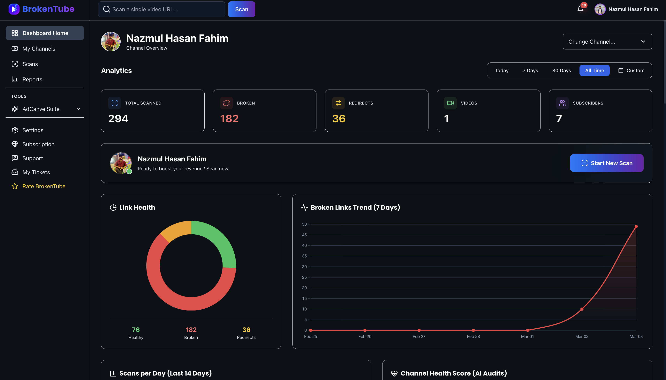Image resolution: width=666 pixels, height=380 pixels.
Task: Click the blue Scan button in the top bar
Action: (x=241, y=9)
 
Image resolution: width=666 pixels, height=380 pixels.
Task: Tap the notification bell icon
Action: (x=580, y=9)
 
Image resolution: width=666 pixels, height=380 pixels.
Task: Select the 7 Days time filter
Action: (x=530, y=70)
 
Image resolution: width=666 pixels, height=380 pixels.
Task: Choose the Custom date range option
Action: (x=631, y=70)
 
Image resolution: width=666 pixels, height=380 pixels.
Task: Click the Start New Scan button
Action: (x=606, y=163)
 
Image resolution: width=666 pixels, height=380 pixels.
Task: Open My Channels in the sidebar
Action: (x=39, y=48)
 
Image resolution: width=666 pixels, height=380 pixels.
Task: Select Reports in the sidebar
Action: (x=32, y=79)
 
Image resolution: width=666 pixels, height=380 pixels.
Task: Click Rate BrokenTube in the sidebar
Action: (x=44, y=186)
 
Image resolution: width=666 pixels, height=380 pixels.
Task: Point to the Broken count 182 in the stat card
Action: (x=229, y=119)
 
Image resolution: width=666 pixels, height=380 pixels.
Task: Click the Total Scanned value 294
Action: (x=118, y=119)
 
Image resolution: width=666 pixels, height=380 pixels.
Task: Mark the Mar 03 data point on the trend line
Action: (x=636, y=227)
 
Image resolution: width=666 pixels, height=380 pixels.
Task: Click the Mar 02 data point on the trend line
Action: (x=582, y=309)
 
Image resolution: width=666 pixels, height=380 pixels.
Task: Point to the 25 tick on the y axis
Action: (x=304, y=277)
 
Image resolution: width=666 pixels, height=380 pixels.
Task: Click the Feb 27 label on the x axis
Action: (x=419, y=337)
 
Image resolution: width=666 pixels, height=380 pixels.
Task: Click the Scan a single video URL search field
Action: (x=162, y=9)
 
